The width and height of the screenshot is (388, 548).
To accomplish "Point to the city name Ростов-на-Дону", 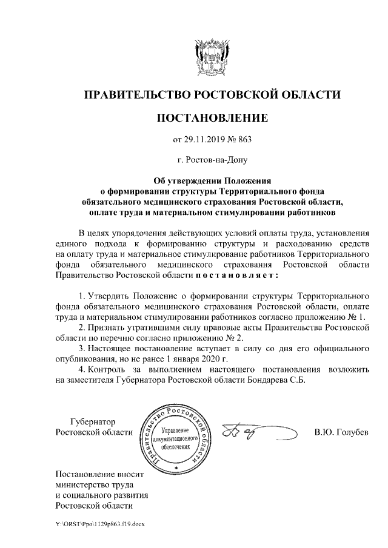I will click(x=212, y=160).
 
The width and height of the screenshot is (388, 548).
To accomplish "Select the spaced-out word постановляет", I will click(x=236, y=276).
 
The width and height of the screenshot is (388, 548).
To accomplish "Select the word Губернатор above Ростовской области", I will click(x=93, y=421).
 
